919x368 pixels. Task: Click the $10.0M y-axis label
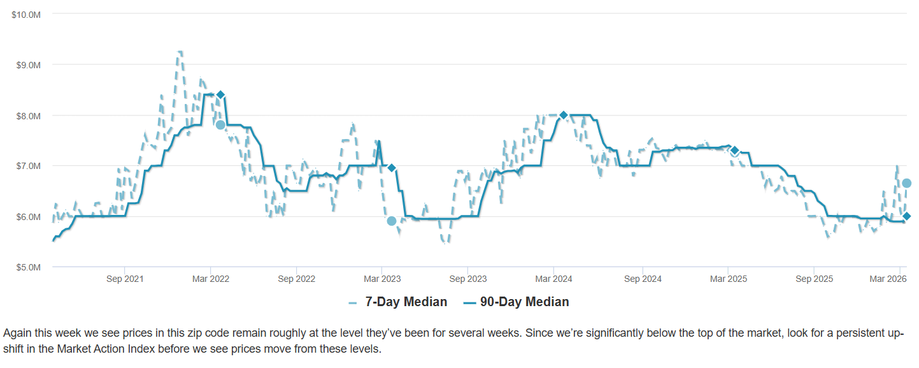pos(26,14)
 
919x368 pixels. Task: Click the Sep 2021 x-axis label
pos(125,279)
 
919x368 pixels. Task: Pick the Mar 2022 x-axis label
pos(211,279)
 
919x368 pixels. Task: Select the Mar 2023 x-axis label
pos(382,279)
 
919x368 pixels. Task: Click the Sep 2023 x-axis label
pos(468,279)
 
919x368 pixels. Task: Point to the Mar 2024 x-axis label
pos(553,279)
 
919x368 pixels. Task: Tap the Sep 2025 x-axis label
pos(814,279)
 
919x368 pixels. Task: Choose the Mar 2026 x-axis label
pos(888,279)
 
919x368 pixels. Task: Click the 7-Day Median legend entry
pos(398,302)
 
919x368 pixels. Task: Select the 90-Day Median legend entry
pos(516,302)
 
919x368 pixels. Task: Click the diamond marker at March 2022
pos(220,94)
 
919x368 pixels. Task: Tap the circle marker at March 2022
pos(220,124)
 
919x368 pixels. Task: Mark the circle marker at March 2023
pos(392,221)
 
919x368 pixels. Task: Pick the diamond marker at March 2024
pos(563,115)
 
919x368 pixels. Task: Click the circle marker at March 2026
pos(906,183)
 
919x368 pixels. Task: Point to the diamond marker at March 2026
pos(906,216)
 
